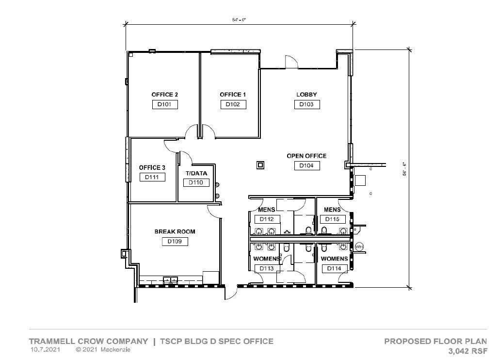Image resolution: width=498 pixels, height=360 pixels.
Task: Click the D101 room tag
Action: [165, 104]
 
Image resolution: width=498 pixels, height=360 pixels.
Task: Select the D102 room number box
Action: [233, 104]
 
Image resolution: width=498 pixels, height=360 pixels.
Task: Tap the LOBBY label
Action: [306, 95]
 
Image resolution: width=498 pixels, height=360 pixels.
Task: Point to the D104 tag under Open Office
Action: [306, 166]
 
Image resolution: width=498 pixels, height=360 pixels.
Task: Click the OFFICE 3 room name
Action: [152, 168]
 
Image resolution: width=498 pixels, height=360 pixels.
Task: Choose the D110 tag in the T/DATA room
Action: [196, 183]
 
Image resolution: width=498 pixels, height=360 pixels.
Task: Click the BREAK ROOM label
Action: [175, 232]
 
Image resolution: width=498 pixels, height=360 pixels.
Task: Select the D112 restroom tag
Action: [267, 219]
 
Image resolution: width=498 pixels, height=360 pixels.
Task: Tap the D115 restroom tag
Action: [333, 219]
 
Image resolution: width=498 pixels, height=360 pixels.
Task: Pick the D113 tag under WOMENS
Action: [267, 268]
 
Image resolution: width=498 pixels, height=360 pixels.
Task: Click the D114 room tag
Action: [334, 268]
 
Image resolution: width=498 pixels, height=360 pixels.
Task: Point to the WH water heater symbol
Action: [359, 247]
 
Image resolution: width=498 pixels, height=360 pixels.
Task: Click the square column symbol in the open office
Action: [260, 165]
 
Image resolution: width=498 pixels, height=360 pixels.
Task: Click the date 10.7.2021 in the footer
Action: [45, 349]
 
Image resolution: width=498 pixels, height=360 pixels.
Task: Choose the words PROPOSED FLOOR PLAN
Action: [435, 341]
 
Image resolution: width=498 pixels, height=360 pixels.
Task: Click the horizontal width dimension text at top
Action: [240, 20]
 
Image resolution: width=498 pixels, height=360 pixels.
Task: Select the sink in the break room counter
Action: [170, 280]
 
